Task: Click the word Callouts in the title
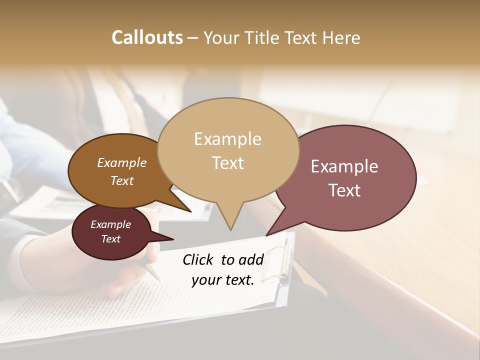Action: click(x=147, y=37)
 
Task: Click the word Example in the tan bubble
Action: click(x=227, y=139)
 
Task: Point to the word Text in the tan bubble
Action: click(x=227, y=163)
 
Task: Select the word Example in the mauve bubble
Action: click(x=344, y=166)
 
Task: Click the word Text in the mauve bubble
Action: click(x=344, y=190)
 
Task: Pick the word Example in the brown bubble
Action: click(x=122, y=162)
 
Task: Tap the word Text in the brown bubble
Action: click(x=122, y=180)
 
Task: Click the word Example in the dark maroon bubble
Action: click(x=111, y=224)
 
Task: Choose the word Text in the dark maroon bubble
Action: click(x=111, y=239)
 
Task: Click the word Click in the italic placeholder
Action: click(x=198, y=259)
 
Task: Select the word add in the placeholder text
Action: click(x=251, y=259)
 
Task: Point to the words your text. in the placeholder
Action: click(x=223, y=280)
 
